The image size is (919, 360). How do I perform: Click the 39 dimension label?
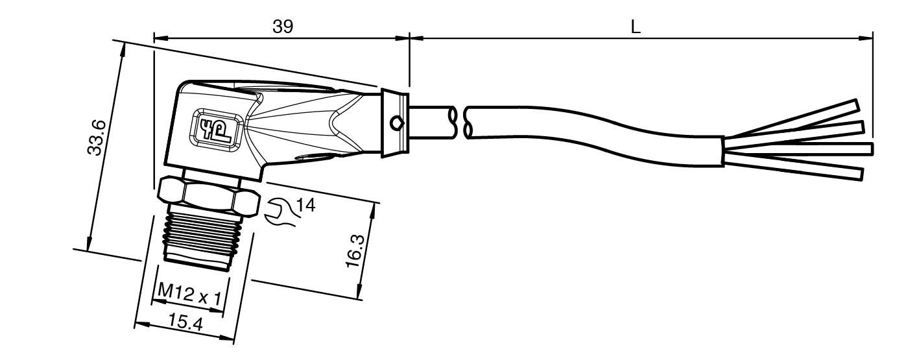(x=283, y=27)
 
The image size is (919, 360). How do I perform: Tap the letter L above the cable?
(x=635, y=27)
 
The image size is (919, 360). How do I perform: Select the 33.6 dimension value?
(x=97, y=138)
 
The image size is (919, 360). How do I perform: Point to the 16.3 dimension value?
(x=355, y=251)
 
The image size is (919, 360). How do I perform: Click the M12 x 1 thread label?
(x=190, y=294)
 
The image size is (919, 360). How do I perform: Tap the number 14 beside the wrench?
(x=306, y=205)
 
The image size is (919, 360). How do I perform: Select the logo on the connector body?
(x=215, y=127)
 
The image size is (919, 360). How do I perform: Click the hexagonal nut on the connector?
(x=209, y=196)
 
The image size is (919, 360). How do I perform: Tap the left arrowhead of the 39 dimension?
(x=161, y=38)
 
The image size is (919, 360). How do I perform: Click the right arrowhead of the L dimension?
(x=866, y=38)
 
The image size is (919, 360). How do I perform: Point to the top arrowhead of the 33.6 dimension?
(x=121, y=50)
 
